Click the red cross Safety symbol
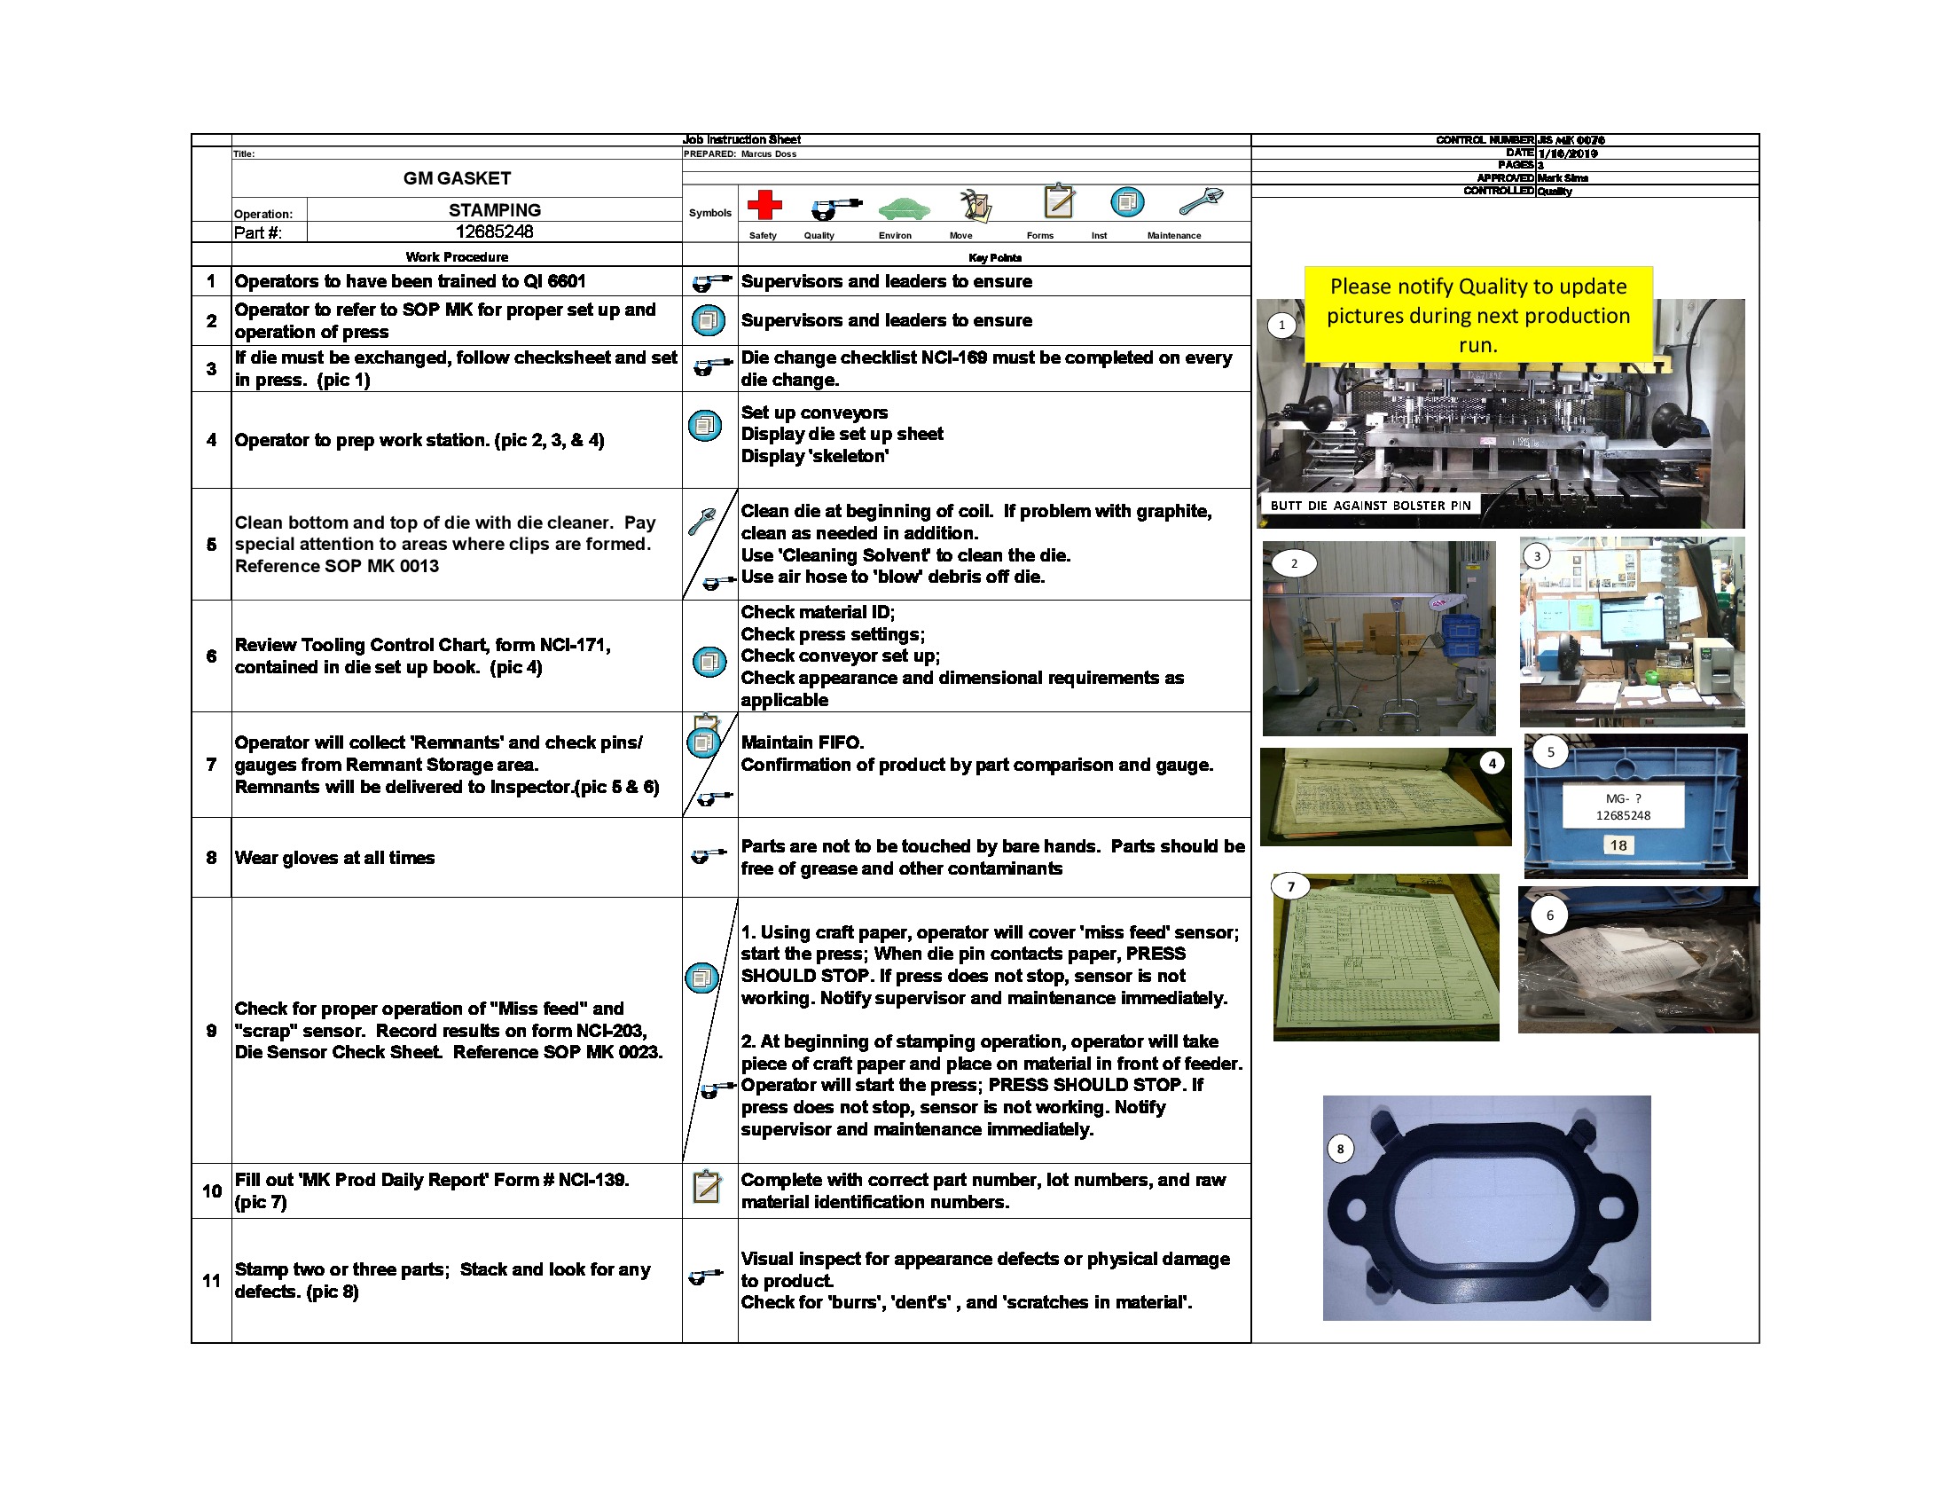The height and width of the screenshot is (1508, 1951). (x=764, y=205)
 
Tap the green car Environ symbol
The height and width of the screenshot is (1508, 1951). (x=903, y=208)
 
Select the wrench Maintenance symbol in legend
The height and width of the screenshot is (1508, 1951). (x=1201, y=201)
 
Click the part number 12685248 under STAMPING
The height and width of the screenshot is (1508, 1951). (x=494, y=232)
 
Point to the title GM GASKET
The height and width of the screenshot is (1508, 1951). (x=457, y=177)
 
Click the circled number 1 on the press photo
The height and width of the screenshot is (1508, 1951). (x=1282, y=325)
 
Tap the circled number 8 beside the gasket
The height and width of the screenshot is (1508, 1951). (x=1339, y=1149)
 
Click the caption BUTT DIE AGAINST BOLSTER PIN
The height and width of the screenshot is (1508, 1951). (x=1369, y=505)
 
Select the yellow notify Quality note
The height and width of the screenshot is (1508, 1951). (x=1477, y=315)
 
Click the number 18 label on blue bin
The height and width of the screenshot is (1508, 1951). (x=1618, y=845)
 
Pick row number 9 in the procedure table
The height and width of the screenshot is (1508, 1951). (x=211, y=1030)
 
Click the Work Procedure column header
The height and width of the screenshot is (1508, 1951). (x=457, y=257)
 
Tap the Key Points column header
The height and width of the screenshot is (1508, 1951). (x=994, y=258)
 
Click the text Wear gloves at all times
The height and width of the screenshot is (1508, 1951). (x=334, y=858)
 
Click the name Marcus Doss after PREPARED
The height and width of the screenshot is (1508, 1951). (x=768, y=153)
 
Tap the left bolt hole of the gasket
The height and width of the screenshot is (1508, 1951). (x=1355, y=1211)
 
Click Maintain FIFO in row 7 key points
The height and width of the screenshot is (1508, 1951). (x=803, y=742)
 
